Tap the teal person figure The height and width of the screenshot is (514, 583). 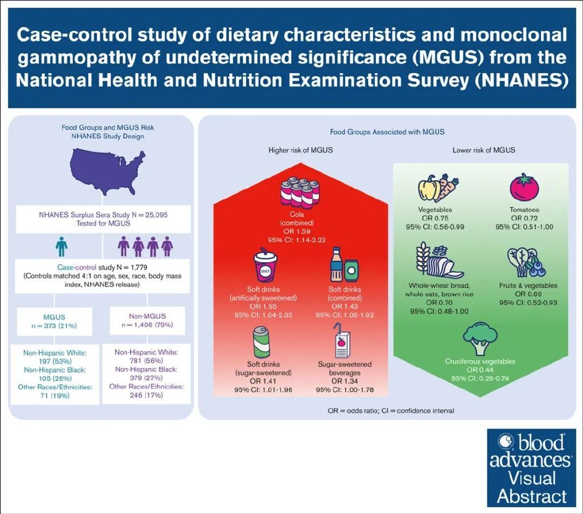(x=61, y=247)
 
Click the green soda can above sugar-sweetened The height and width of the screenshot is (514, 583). (x=261, y=341)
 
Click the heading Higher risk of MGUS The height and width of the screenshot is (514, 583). (x=301, y=150)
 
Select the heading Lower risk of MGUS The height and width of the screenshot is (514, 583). (x=483, y=150)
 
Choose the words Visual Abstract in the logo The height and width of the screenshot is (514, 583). (x=532, y=486)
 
